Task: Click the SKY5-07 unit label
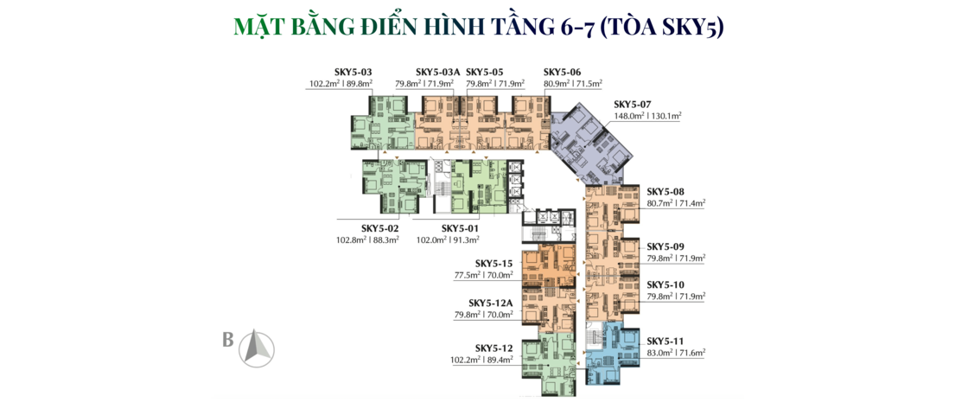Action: [633, 104]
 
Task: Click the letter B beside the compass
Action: [228, 341]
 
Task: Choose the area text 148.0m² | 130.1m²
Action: [647, 116]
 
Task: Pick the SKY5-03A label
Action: [437, 72]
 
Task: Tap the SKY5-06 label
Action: [563, 72]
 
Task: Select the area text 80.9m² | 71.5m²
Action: [573, 83]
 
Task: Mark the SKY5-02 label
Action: [380, 228]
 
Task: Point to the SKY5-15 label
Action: [494, 264]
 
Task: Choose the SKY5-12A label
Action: [491, 303]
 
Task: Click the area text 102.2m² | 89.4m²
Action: [482, 360]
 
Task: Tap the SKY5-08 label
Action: [665, 191]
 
